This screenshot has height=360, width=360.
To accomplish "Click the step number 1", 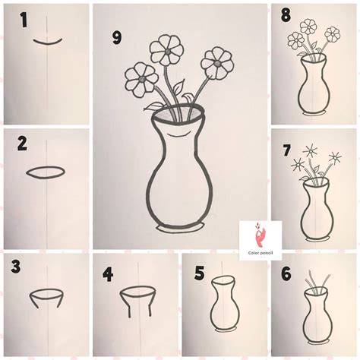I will click(24, 22).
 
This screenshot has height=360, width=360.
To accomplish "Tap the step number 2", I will click(22, 143).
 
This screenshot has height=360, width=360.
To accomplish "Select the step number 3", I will click(14, 267).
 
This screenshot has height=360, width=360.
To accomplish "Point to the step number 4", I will click(109, 271).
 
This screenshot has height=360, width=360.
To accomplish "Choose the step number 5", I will click(198, 273).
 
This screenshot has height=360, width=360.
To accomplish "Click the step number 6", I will click(286, 272).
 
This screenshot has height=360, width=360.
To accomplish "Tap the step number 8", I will click(286, 15).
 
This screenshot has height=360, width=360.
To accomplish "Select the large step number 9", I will click(117, 37).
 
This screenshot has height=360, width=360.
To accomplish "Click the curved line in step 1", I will click(47, 40).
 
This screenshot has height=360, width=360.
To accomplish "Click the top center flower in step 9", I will click(166, 52).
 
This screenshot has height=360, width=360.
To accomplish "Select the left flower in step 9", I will click(141, 78).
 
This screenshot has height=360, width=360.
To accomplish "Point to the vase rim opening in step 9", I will click(178, 116).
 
